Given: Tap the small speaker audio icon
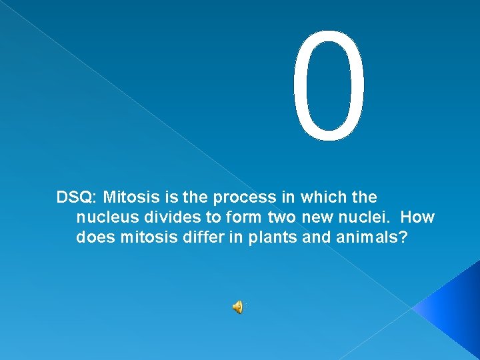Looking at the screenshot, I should (237, 307).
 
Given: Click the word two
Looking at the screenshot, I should (283, 218).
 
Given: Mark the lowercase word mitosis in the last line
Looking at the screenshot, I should (145, 238).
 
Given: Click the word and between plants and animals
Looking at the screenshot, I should (315, 238).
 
